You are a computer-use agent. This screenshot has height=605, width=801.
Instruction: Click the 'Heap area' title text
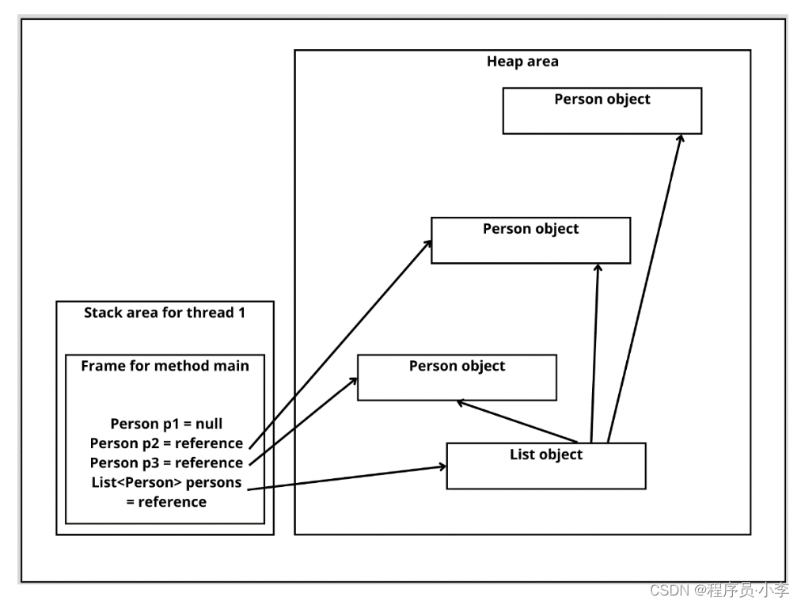pyautogui.click(x=522, y=62)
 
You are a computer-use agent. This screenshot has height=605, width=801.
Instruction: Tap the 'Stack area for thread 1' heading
pyautogui.click(x=165, y=313)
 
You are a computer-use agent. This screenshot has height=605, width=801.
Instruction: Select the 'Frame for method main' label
pyautogui.click(x=165, y=366)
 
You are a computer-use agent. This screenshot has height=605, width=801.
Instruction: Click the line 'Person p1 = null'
pyautogui.click(x=166, y=424)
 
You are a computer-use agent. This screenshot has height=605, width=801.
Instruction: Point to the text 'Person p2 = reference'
pyautogui.click(x=166, y=443)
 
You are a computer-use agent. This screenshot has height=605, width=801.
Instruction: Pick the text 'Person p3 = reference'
pyautogui.click(x=166, y=463)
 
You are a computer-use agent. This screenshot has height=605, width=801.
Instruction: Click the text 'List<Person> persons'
pyautogui.click(x=166, y=482)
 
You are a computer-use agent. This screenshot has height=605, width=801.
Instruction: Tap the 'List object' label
pyautogui.click(x=546, y=455)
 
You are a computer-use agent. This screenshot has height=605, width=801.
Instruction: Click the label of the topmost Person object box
pyautogui.click(x=602, y=99)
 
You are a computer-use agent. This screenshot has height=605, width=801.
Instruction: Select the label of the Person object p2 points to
pyautogui.click(x=531, y=229)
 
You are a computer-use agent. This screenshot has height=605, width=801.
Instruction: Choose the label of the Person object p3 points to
pyautogui.click(x=457, y=366)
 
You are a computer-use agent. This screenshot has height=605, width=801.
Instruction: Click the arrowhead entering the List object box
pyautogui.click(x=442, y=466)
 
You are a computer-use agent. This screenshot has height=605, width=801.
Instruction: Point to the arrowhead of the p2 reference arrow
pyautogui.click(x=427, y=244)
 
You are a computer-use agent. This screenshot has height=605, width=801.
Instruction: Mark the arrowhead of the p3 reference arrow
pyautogui.click(x=354, y=381)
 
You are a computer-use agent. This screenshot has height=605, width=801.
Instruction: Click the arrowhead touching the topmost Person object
pyautogui.click(x=681, y=139)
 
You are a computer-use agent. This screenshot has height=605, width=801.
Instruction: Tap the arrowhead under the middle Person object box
pyautogui.click(x=598, y=268)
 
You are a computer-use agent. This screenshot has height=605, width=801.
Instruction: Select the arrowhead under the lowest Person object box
pyautogui.click(x=461, y=404)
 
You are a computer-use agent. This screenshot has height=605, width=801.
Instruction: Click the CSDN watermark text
pyautogui.click(x=719, y=591)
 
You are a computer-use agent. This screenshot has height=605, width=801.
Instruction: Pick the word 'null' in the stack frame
pyautogui.click(x=209, y=424)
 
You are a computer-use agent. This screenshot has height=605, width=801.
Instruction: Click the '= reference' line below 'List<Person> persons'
pyautogui.click(x=166, y=502)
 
